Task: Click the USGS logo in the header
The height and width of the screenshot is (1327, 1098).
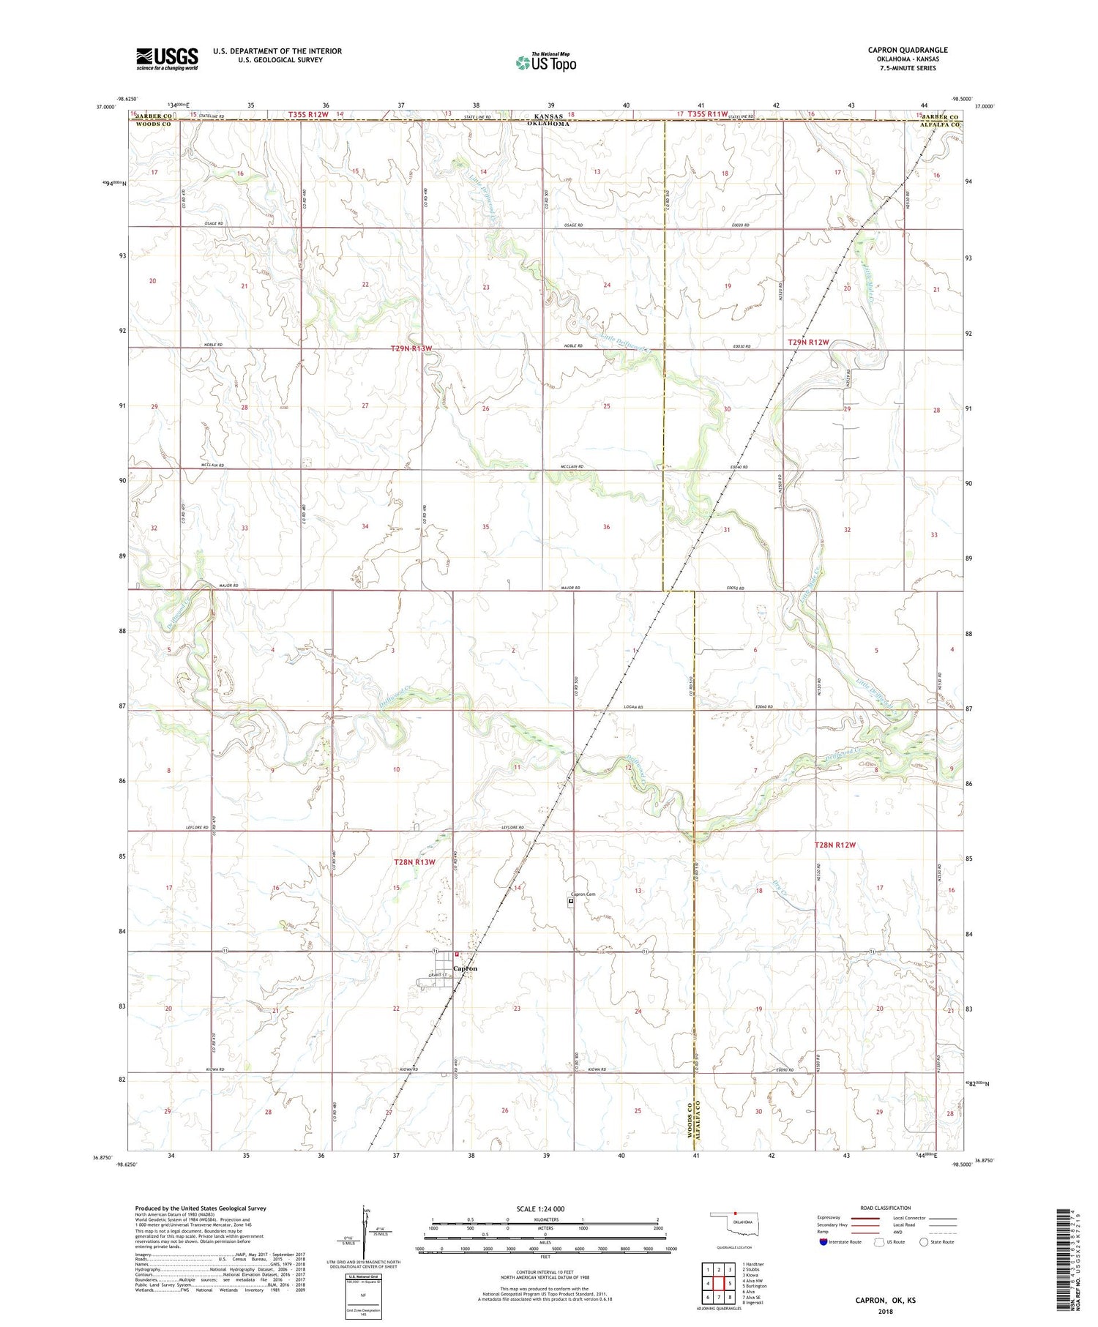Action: (167, 59)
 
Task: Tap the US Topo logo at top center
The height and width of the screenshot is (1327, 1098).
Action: (546, 64)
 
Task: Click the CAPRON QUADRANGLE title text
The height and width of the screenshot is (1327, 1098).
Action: (907, 50)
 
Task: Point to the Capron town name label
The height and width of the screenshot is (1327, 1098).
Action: (466, 968)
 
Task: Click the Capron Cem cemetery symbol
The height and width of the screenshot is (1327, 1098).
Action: (572, 902)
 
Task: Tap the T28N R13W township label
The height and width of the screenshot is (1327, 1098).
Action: (414, 862)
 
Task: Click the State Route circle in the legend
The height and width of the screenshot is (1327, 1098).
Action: (924, 1242)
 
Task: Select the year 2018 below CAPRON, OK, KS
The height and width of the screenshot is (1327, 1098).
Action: (886, 1310)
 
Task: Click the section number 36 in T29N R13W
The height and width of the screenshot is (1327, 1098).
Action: (606, 527)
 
